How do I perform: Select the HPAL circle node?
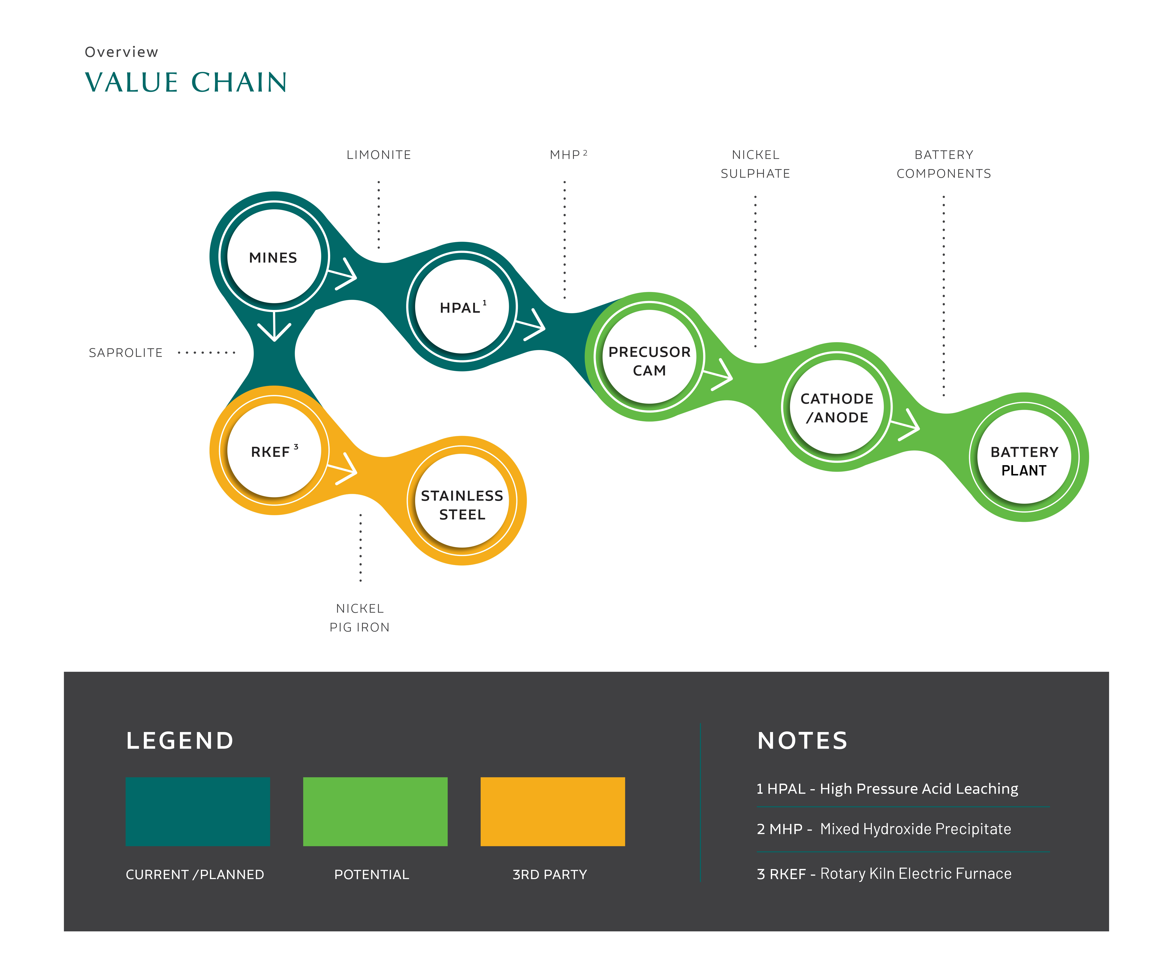(462, 307)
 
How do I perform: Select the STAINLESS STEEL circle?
(462, 501)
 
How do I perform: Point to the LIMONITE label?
(378, 155)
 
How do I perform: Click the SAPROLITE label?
(126, 353)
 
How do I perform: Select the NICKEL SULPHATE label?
(755, 164)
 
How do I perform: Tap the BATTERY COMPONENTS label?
(944, 164)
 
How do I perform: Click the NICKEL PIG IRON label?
(360, 618)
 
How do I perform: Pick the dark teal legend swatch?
(198, 811)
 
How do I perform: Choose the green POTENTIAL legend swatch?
(375, 811)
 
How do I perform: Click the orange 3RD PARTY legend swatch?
(553, 811)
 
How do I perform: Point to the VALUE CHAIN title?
(186, 82)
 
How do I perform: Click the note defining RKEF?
(884, 874)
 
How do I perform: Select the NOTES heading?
(802, 741)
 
